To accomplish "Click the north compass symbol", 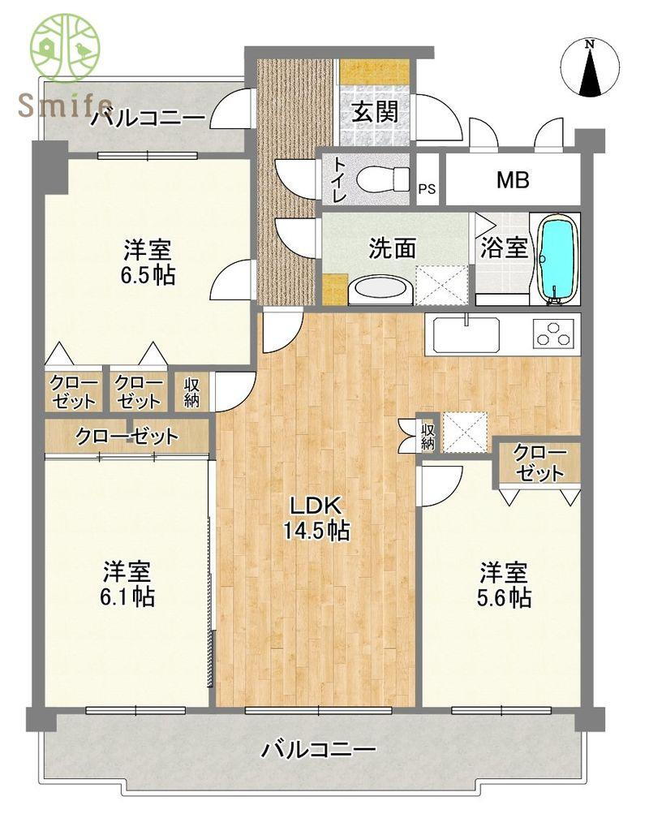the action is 590,68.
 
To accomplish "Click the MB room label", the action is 513,180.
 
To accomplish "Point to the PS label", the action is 427,188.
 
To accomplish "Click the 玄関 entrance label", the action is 375,112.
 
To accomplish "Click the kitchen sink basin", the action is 466,334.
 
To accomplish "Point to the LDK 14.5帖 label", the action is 316,518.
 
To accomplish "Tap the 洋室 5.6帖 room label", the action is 504,584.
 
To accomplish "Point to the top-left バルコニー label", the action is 148,117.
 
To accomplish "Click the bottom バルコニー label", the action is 320,749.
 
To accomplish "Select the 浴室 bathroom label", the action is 504,248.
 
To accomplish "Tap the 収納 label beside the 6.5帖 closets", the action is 191,392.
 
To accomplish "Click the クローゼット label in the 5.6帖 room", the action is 539,463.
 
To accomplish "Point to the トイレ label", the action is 338,179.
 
